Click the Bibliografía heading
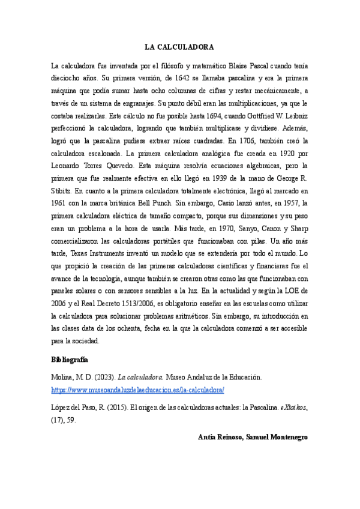(70, 360)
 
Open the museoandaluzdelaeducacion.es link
(137, 390)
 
